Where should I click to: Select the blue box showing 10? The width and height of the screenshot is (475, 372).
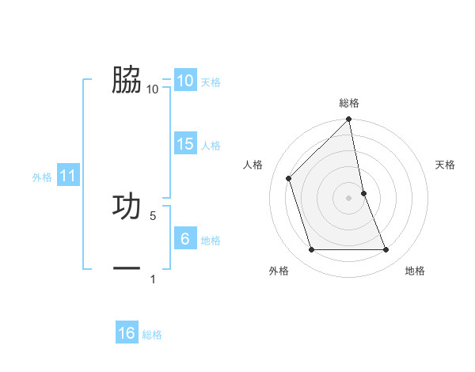184,81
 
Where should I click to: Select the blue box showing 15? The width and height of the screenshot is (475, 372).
184,144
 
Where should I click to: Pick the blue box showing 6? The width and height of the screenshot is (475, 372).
184,239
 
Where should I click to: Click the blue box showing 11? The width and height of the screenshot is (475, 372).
67,177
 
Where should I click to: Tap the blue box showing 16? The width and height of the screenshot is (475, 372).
127,333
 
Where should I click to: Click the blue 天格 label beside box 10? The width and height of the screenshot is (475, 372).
211,82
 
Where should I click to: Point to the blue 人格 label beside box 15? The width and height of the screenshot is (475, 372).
211,145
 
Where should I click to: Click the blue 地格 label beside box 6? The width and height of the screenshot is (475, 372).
211,240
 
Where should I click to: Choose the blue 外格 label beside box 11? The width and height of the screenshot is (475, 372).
42,177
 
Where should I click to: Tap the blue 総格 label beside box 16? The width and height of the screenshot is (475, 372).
152,334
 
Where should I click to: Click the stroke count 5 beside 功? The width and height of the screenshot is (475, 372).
153,214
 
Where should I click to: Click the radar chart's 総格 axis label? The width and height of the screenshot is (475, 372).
349,103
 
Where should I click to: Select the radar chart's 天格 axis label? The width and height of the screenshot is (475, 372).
446,165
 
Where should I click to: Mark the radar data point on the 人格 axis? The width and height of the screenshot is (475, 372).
289,178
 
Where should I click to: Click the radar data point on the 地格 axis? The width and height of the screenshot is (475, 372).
386,250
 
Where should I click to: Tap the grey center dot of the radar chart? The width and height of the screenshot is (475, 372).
349,198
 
